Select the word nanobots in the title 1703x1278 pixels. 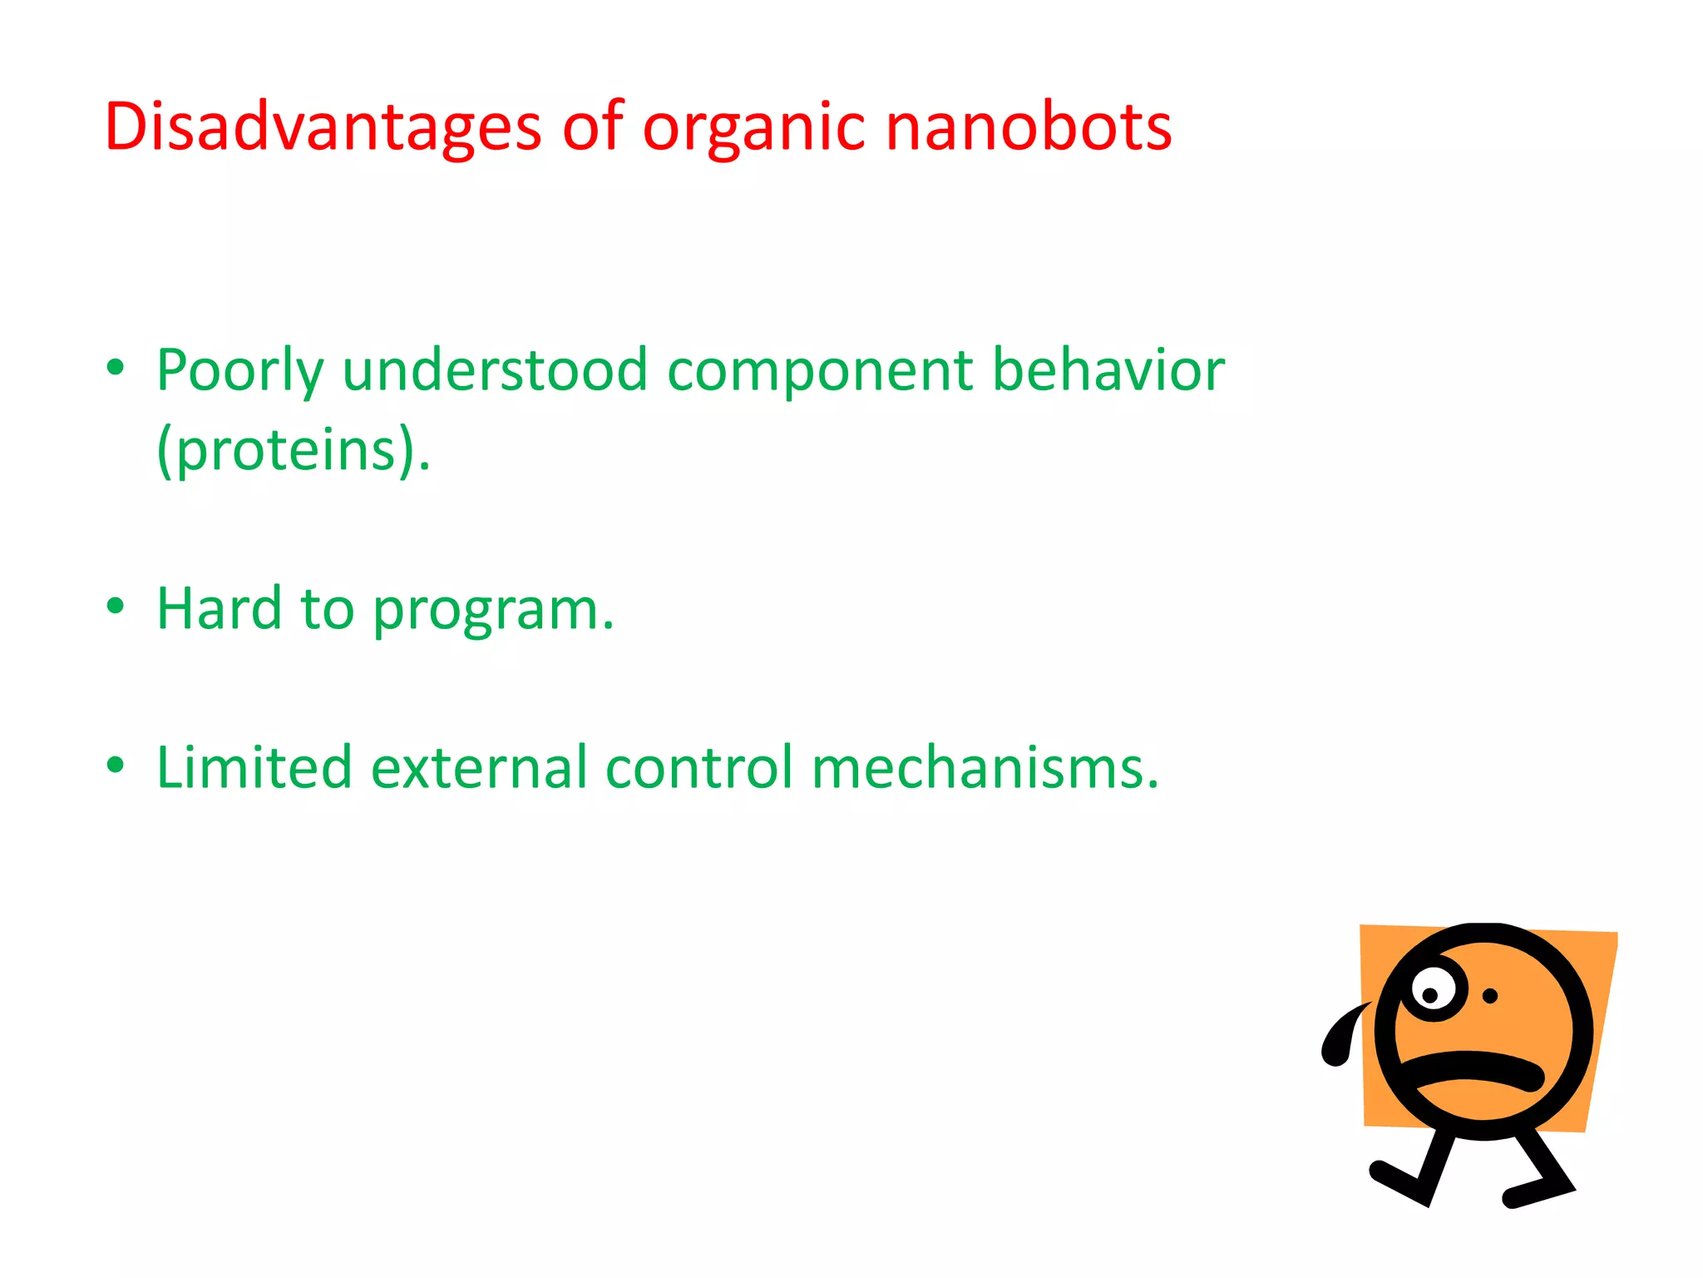click(1029, 126)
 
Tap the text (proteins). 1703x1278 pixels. click(294, 450)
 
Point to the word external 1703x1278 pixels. click(479, 766)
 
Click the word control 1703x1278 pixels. click(698, 766)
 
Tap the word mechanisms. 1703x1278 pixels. click(985, 766)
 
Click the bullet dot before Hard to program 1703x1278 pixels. click(116, 607)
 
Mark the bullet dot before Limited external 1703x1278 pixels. click(116, 764)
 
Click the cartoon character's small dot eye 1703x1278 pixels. click(1490, 996)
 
